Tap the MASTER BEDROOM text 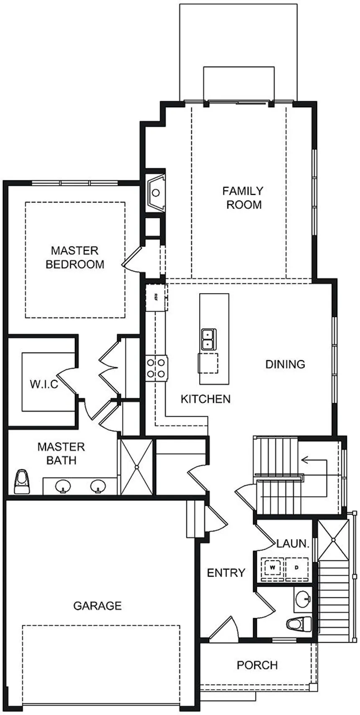click(75, 257)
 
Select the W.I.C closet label click(44, 384)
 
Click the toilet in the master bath click(22, 482)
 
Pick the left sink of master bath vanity click(63, 486)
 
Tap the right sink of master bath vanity click(98, 486)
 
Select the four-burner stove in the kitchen click(157, 368)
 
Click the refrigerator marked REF click(156, 297)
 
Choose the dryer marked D click(297, 568)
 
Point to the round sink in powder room click(302, 599)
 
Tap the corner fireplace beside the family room click(156, 192)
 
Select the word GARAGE click(98, 605)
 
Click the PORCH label click(257, 665)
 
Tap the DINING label click(285, 364)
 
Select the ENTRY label click(226, 573)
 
